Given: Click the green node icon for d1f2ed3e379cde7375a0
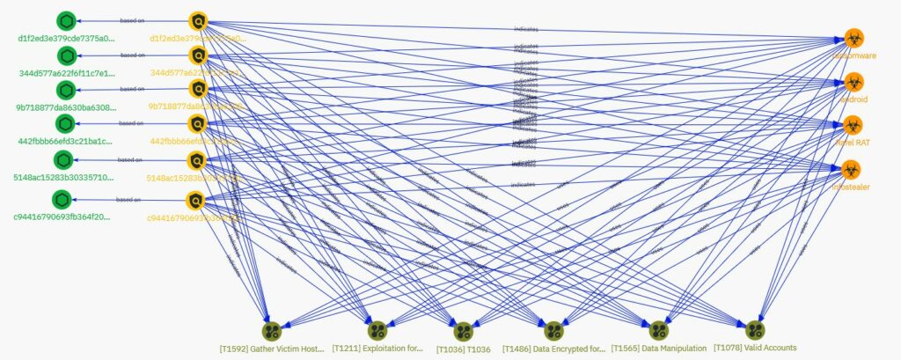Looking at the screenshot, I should click(x=64, y=21).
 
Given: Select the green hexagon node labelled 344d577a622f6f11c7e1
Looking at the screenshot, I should click(x=64, y=55).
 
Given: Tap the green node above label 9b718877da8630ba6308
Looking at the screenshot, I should click(x=64, y=90).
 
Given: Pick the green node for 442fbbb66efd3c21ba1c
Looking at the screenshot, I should click(x=64, y=124).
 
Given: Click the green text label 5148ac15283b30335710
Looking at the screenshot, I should click(x=63, y=177).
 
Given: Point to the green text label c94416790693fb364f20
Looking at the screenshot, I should click(x=63, y=217).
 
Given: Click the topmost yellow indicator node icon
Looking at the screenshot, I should click(x=198, y=21).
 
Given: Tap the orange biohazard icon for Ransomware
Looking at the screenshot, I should click(x=852, y=38).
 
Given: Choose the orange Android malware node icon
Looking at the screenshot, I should click(x=852, y=82).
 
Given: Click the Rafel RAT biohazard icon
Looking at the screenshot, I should click(x=852, y=125).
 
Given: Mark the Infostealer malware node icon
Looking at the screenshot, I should click(x=852, y=169).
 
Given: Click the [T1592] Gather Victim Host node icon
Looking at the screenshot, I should click(x=272, y=331).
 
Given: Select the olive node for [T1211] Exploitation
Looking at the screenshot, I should click(x=377, y=331).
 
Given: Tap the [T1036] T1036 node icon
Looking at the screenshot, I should click(x=464, y=331).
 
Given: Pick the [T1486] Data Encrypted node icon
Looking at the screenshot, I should click(x=553, y=331).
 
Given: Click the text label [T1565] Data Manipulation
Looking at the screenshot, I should click(x=659, y=349).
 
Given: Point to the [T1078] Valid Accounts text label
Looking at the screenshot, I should click(x=754, y=349).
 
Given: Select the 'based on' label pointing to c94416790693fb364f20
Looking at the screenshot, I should click(x=129, y=201).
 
